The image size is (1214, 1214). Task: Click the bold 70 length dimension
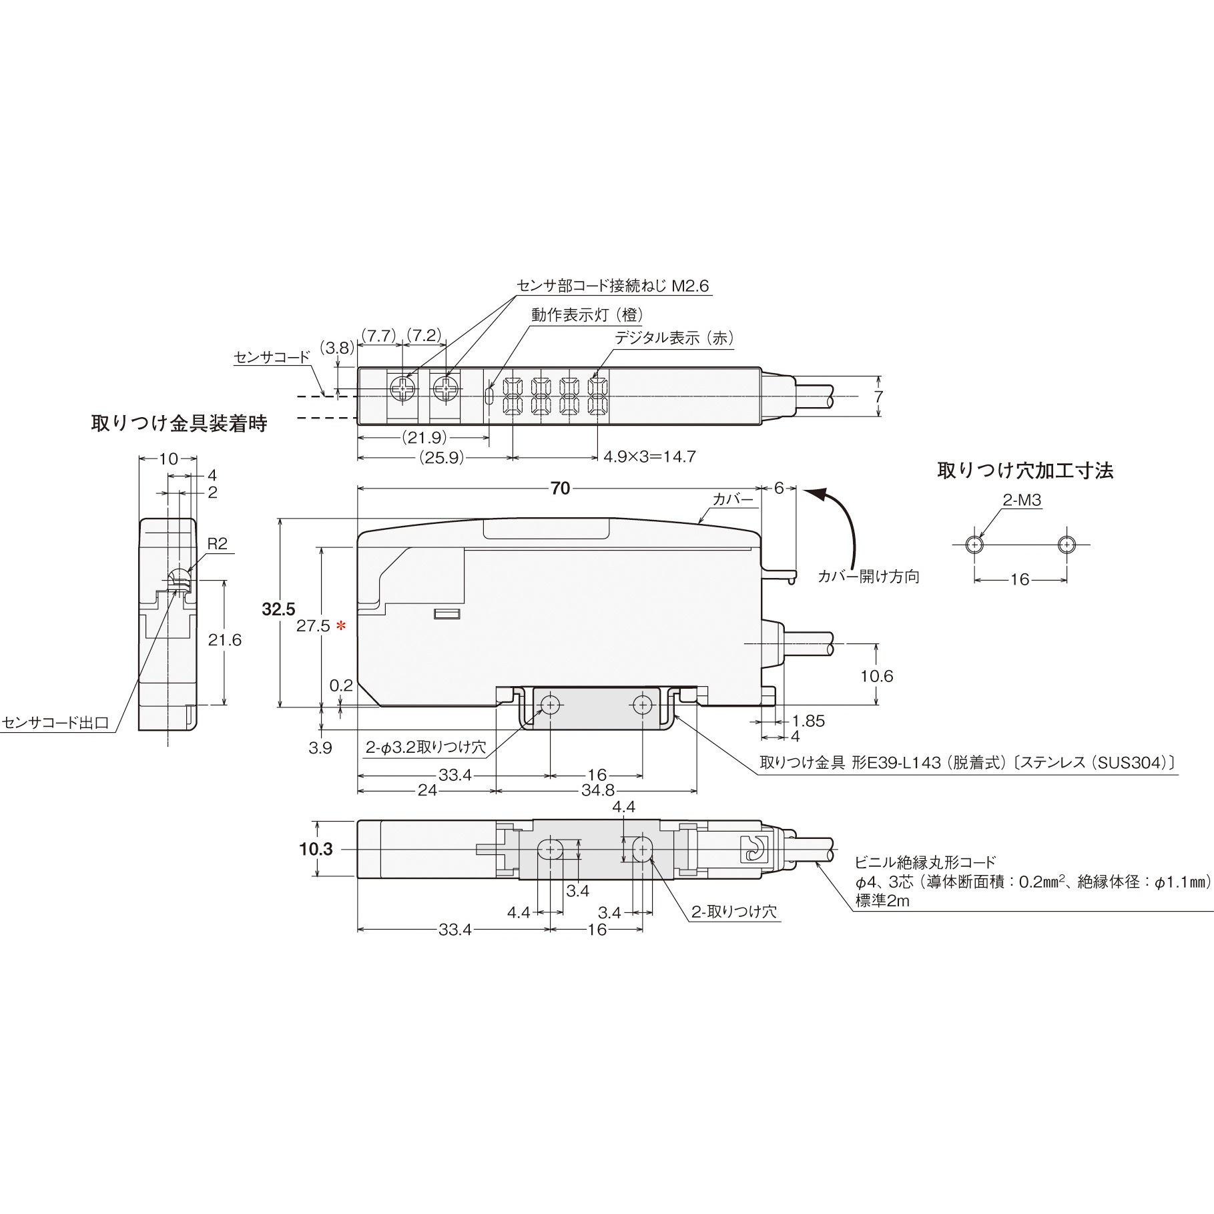tap(561, 489)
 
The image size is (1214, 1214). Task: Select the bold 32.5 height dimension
tap(278, 609)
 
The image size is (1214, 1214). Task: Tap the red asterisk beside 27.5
tap(341, 626)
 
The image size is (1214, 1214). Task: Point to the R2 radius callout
tap(217, 545)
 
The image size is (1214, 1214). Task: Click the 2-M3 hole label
tap(1022, 501)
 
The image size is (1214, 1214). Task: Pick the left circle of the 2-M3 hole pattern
tap(975, 545)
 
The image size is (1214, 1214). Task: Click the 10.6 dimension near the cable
tap(876, 676)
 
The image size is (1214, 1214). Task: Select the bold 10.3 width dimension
tap(316, 850)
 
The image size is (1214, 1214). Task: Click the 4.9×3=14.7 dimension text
tap(649, 457)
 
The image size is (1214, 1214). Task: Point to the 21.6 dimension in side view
tap(224, 641)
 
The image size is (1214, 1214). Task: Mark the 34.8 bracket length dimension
tap(598, 790)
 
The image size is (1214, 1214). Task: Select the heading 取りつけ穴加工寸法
tap(1025, 471)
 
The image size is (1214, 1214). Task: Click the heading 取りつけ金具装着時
tap(179, 424)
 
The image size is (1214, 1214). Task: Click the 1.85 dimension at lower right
tap(808, 721)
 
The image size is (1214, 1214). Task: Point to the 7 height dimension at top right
tap(878, 396)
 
